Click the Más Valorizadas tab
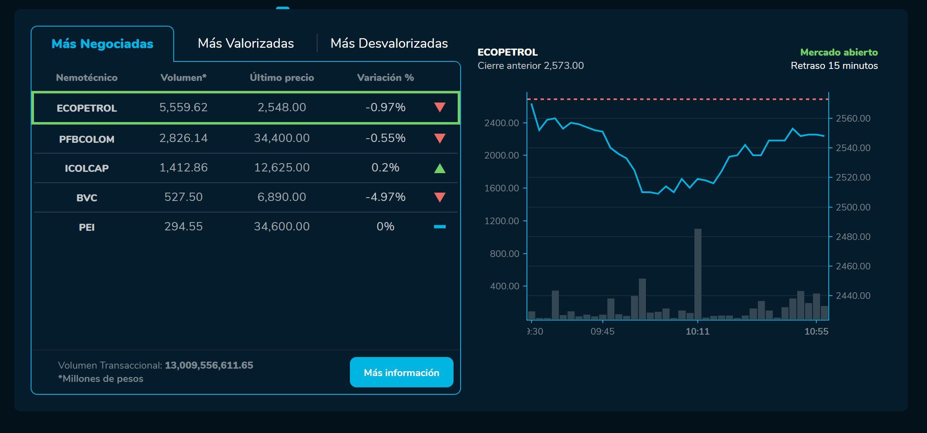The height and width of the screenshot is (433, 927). coord(245,44)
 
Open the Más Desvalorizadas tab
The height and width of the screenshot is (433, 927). coord(389,44)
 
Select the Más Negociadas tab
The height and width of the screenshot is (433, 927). coord(102,44)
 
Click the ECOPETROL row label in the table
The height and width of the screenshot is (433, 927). coord(87,108)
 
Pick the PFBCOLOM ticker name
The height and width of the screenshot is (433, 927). coord(87,139)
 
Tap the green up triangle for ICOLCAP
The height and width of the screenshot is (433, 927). coord(439,169)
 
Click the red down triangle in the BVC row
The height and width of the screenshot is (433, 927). coord(439,197)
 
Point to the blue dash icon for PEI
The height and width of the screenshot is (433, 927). coord(439,227)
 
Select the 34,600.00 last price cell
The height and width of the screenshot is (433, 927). coord(281,227)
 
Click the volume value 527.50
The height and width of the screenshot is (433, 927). coord(183,197)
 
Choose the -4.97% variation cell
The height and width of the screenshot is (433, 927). coord(385,197)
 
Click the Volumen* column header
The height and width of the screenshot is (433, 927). coord(183,78)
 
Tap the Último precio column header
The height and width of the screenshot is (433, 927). coord(281,78)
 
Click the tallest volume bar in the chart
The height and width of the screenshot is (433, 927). coord(698,274)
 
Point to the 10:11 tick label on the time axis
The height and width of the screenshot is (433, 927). coord(697,332)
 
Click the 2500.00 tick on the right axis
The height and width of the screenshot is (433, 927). coord(853,207)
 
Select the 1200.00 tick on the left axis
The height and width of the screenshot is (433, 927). coord(502,221)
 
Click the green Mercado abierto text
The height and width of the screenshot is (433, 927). coord(839,52)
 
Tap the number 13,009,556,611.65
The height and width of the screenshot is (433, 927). coord(209,365)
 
